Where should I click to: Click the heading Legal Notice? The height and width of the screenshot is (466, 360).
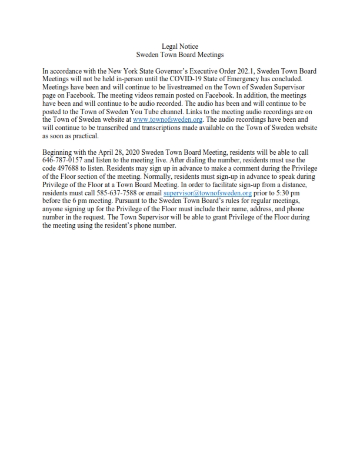coord(180,46)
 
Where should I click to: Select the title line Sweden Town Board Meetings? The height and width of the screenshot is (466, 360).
coord(180,54)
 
